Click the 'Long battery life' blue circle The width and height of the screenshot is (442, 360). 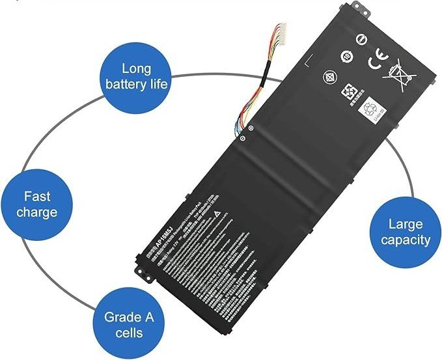coord(137,76)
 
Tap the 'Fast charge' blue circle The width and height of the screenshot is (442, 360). coord(36,204)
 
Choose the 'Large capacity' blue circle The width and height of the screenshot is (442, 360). coord(406,232)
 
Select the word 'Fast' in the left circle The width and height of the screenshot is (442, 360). coord(36,196)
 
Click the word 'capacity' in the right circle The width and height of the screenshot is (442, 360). coord(406,240)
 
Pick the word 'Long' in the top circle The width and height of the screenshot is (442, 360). coord(137,68)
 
